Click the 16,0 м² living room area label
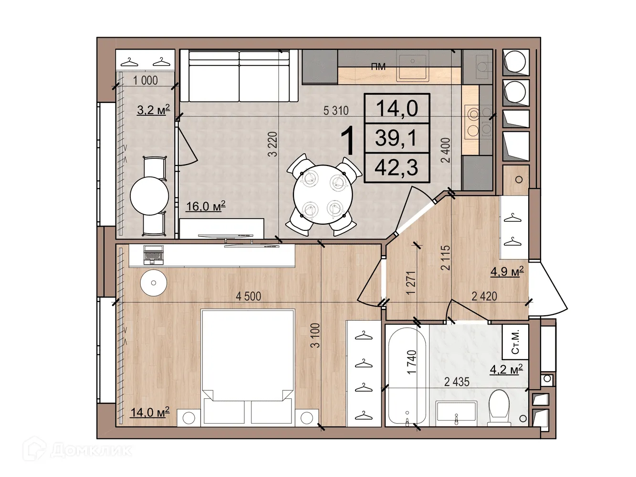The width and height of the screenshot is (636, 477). coord(205,206)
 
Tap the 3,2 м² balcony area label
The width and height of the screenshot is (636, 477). coord(153,110)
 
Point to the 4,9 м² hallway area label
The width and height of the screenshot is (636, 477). coord(507,271)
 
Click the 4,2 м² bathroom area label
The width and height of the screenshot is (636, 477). coord(506,369)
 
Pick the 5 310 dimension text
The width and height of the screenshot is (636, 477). coord(336,111)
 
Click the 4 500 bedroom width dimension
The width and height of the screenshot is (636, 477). coord(248,296)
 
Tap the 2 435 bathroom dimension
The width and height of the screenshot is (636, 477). coord(457,382)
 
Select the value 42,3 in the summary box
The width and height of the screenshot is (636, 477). coord(396,168)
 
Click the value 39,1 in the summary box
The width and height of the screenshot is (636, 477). coord(396,138)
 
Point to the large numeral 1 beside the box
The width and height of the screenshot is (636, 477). coord(348,141)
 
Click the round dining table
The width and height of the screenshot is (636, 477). coord(323,194)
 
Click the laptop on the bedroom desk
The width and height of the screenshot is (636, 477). coord(153,254)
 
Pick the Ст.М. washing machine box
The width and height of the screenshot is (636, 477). coord(515,342)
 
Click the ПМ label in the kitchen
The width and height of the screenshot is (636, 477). coord(378,67)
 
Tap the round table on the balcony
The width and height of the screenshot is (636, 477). coord(149,196)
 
